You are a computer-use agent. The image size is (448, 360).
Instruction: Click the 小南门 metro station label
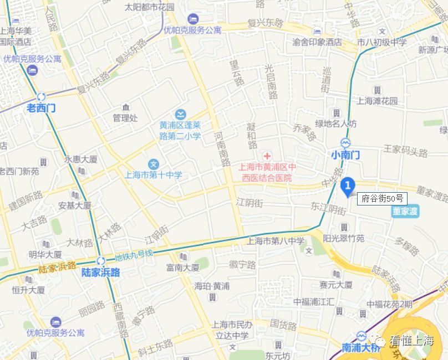[345, 155]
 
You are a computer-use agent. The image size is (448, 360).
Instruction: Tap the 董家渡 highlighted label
[405, 211]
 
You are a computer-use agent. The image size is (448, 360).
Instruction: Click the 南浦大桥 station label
[361, 348]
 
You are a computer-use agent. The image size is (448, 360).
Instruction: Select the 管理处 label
[125, 117]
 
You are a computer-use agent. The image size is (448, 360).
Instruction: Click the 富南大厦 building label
[182, 268]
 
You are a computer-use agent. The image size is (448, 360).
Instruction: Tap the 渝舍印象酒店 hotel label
[317, 42]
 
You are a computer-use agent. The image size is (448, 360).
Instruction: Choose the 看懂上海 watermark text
[411, 341]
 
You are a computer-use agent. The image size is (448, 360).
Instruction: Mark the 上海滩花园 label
[377, 101]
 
